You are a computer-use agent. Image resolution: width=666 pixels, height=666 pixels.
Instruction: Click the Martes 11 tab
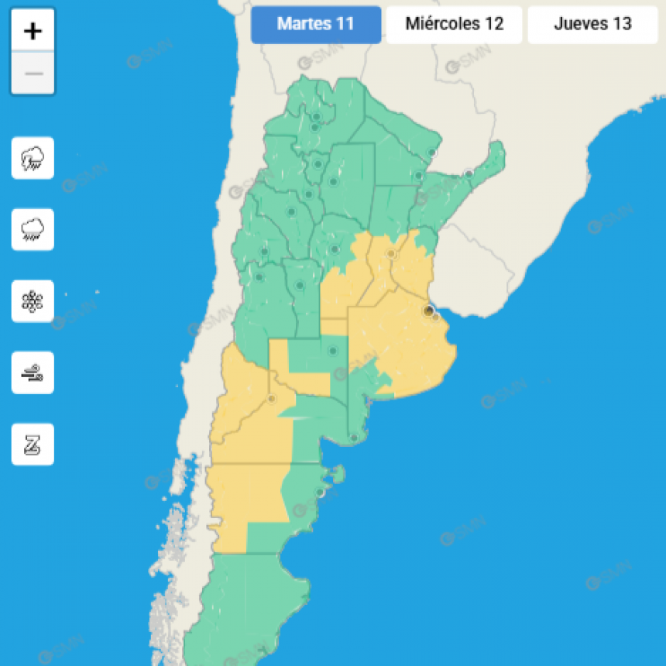[x=316, y=24]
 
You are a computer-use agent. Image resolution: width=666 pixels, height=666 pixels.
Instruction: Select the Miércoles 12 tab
[x=454, y=24]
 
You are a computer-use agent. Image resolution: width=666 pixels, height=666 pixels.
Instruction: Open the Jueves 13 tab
[x=592, y=24]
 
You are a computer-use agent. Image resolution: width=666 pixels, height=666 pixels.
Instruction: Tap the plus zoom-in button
[x=33, y=31]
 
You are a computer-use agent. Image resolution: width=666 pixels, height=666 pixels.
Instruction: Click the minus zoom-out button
[x=33, y=74]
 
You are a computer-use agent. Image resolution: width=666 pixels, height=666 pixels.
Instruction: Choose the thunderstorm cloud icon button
[x=33, y=158]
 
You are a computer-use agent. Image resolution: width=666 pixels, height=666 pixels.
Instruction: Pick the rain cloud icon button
[x=33, y=229]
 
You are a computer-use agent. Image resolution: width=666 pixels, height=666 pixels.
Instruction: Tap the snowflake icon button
[x=33, y=301]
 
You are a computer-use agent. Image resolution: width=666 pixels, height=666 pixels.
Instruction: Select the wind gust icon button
[x=33, y=372]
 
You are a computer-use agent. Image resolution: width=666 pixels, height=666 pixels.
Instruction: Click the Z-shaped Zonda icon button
[x=33, y=445]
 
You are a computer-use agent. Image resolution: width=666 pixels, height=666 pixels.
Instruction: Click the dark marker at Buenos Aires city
[x=428, y=311]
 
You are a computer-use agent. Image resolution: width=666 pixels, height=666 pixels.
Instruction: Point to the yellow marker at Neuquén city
[x=271, y=400]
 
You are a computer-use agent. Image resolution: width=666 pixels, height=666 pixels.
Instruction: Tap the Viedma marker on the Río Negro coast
[x=354, y=438]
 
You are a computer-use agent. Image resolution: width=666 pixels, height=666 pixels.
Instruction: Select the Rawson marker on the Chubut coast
[x=319, y=493]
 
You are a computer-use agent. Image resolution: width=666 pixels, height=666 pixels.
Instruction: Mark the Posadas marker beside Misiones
[x=469, y=173]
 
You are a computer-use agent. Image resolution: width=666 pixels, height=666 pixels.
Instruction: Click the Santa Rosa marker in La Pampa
[x=333, y=351]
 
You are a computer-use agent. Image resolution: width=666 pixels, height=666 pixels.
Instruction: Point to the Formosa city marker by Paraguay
[x=432, y=153]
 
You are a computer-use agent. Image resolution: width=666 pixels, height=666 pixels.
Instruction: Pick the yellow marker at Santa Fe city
[x=391, y=254]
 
